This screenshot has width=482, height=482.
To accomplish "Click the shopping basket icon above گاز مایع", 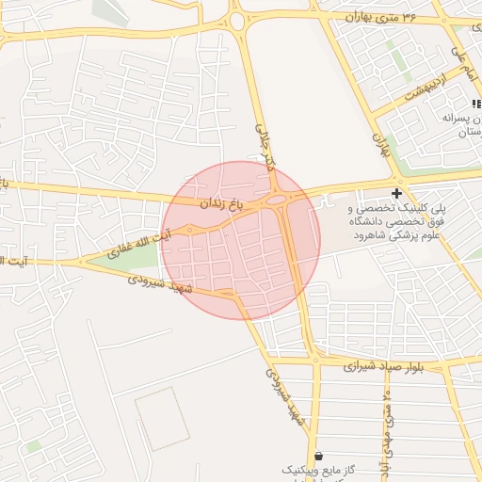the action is [x=318, y=455].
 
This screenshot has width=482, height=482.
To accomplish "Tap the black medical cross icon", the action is [x=395, y=193].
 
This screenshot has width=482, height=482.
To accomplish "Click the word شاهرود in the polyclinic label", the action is [x=345, y=234].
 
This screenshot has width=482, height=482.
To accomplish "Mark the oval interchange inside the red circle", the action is [x=277, y=200].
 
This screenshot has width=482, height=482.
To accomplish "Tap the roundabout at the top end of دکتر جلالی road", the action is [x=236, y=21].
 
